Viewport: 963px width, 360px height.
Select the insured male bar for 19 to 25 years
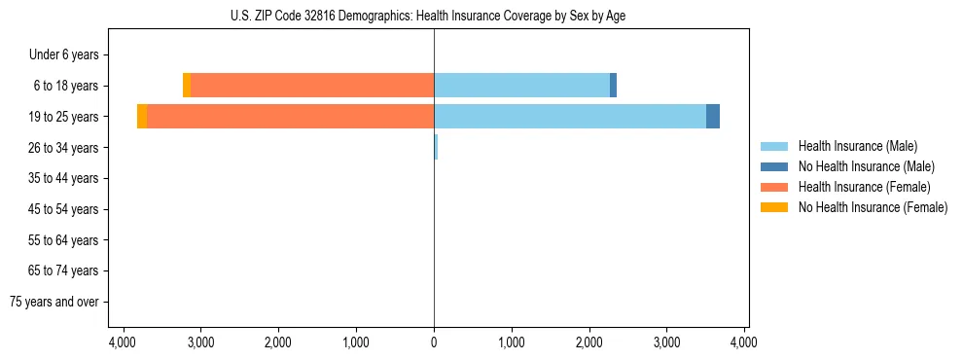pyautogui.click(x=570, y=117)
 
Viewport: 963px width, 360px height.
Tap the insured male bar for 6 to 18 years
pyautogui.click(x=521, y=86)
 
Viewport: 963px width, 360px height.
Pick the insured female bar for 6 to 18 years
pyautogui.click(x=312, y=86)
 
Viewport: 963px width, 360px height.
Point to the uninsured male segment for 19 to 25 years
pyautogui.click(x=713, y=117)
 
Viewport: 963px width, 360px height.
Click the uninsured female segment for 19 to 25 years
pyautogui.click(x=142, y=117)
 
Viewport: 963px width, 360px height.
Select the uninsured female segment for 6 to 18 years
pyautogui.click(x=187, y=86)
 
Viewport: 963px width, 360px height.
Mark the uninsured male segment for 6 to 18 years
pyautogui.click(x=613, y=86)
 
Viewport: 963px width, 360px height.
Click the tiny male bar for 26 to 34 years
pyautogui.click(x=436, y=147)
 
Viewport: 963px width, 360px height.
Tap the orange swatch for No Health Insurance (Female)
pyautogui.click(x=774, y=207)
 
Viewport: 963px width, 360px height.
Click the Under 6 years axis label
pyautogui.click(x=64, y=55)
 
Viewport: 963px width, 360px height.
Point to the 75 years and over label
pyautogui.click(x=54, y=302)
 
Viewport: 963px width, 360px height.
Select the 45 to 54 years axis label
pyautogui.click(x=63, y=209)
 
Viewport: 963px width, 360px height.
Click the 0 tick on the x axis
pyautogui.click(x=434, y=343)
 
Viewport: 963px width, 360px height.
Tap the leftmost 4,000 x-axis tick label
pyautogui.click(x=123, y=343)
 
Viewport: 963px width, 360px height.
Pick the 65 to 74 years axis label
pyautogui.click(x=63, y=270)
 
